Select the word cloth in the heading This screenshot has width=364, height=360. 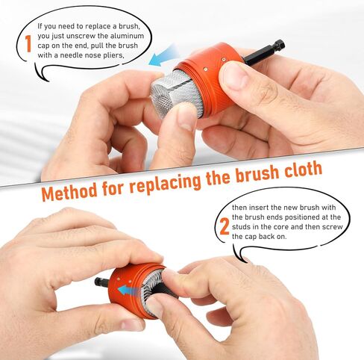pyautogui.click(x=296, y=171)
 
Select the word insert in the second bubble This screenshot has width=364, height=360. pyautogui.click(x=263, y=207)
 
